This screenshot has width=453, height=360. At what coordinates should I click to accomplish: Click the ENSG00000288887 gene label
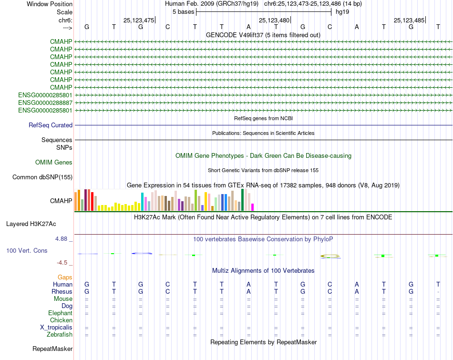(x=45, y=103)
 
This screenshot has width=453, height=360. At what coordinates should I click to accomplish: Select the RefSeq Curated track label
(x=51, y=125)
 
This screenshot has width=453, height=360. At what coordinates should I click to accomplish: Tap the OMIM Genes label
(x=54, y=163)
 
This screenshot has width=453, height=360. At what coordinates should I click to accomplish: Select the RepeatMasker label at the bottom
(x=52, y=349)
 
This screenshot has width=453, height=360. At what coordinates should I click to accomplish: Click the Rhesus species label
(x=62, y=291)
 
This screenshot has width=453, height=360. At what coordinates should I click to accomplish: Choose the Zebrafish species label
(x=60, y=335)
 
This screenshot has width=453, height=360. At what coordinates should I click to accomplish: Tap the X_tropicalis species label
(x=56, y=328)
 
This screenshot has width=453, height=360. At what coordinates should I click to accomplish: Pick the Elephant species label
(x=60, y=313)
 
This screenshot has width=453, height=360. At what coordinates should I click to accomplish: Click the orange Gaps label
(x=65, y=277)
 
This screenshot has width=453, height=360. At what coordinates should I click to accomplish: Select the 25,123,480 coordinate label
(x=274, y=20)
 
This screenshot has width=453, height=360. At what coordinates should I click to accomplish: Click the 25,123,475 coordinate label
(x=138, y=20)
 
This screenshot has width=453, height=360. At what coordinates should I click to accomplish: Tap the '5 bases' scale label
(x=183, y=11)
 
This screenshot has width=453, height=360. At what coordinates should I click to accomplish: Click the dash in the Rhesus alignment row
(x=438, y=292)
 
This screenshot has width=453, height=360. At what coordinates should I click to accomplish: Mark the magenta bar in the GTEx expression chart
(x=252, y=207)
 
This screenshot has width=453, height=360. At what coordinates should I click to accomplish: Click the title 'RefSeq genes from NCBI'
(x=263, y=118)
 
